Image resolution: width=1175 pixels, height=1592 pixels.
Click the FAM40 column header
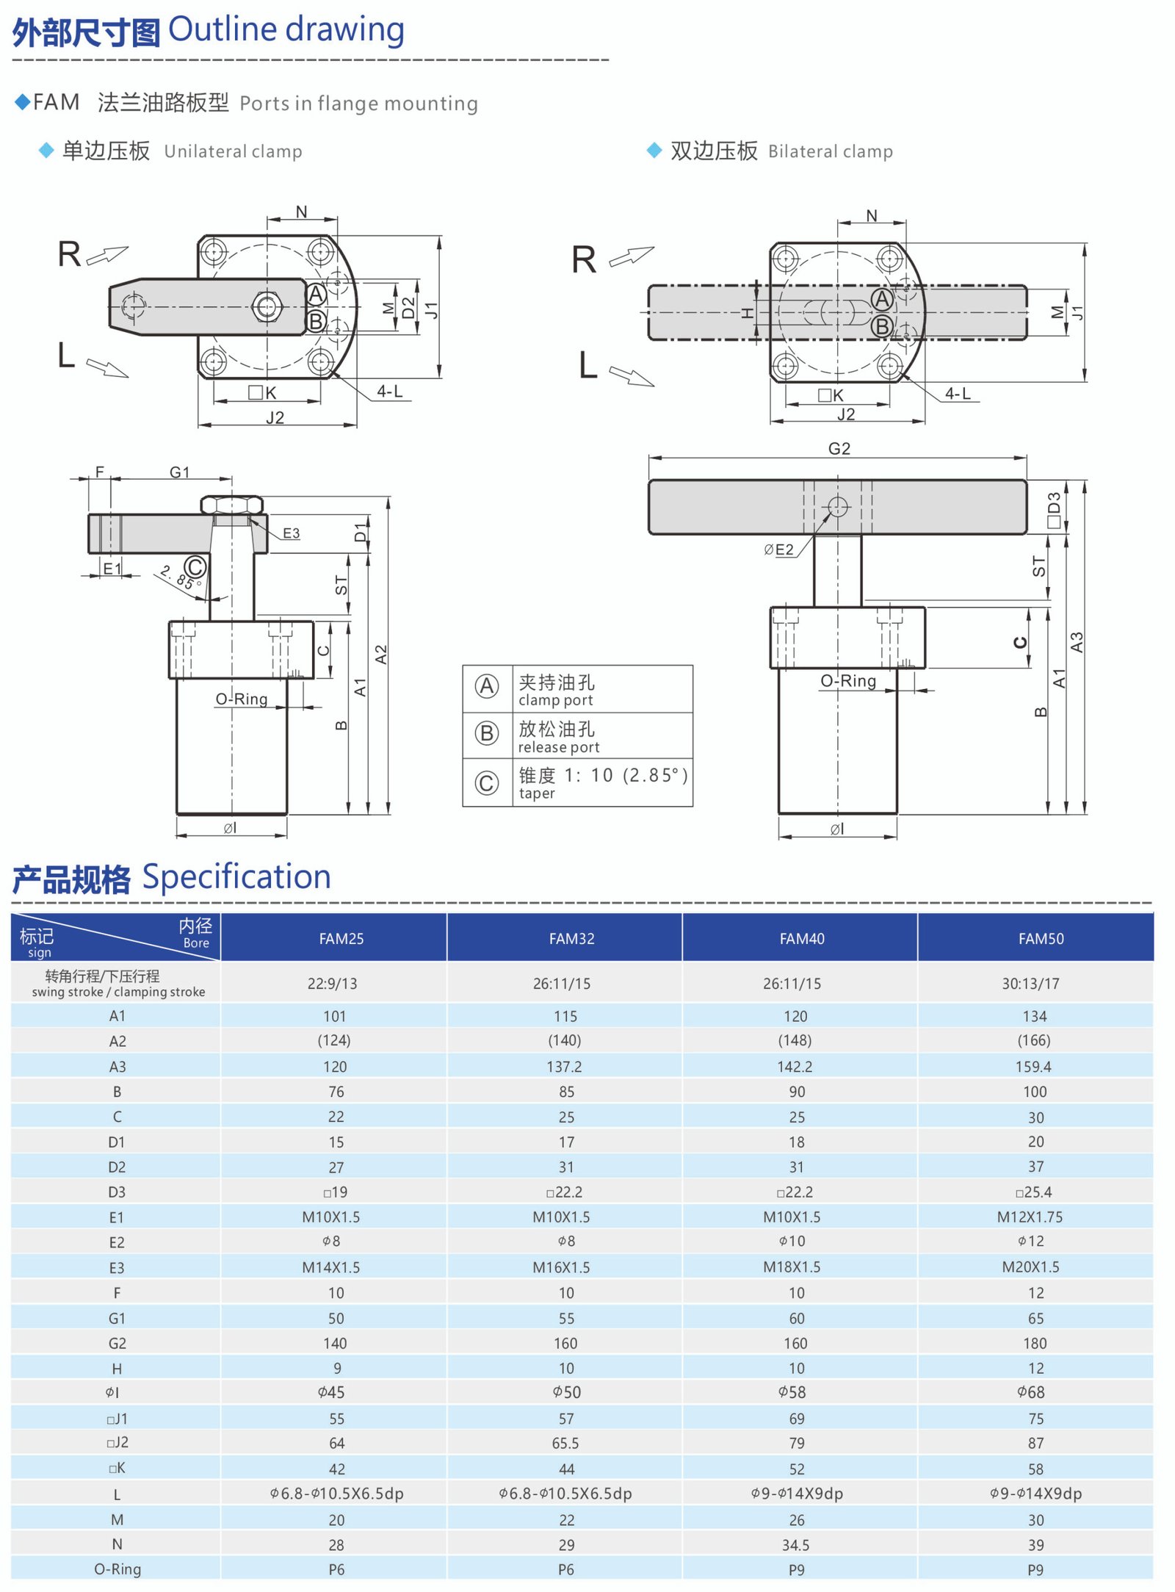(801, 938)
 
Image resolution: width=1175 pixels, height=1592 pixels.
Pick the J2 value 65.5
(565, 1443)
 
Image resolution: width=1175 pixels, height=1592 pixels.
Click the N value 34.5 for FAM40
(795, 1544)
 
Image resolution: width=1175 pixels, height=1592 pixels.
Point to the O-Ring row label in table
(117, 1569)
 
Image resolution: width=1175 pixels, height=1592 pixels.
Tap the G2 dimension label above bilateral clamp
(839, 449)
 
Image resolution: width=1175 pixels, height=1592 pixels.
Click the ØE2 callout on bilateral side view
(778, 550)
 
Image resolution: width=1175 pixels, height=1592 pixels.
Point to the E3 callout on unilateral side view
(291, 533)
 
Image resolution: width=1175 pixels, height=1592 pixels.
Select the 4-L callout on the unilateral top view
(389, 392)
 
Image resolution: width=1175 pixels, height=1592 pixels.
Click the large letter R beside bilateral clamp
(584, 259)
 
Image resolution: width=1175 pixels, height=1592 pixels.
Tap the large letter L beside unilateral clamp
(66, 356)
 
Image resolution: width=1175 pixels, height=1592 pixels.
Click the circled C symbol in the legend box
(486, 783)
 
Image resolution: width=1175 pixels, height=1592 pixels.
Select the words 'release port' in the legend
(558, 747)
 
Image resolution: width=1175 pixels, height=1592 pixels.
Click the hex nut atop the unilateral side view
(231, 505)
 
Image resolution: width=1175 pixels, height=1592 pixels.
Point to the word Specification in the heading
(236, 876)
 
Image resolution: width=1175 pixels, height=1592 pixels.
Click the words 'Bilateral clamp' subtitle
(830, 151)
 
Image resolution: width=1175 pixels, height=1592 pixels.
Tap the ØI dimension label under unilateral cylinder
(231, 828)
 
